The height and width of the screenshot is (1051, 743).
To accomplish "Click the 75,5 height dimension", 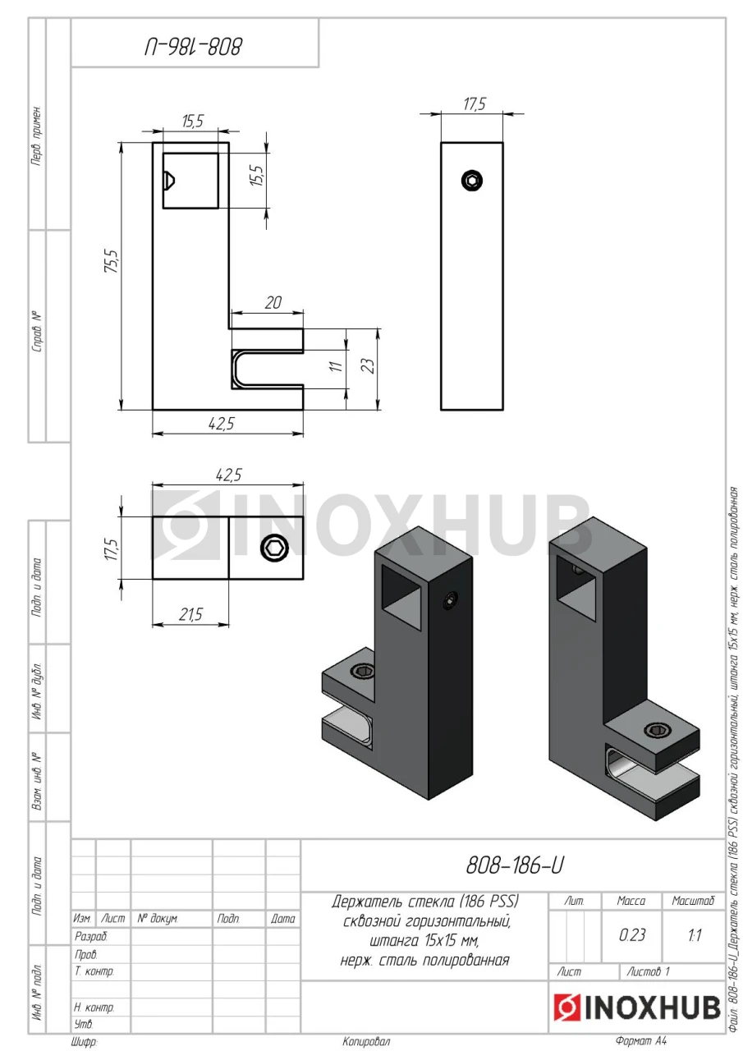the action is pyautogui.click(x=112, y=261).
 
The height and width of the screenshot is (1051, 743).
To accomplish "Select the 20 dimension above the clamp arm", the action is pyautogui.click(x=273, y=303).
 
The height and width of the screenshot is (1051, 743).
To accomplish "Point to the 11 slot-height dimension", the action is pyautogui.click(x=336, y=365).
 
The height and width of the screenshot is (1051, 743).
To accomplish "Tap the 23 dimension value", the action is pyautogui.click(x=369, y=365).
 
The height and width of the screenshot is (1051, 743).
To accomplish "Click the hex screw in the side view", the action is pyautogui.click(x=472, y=181).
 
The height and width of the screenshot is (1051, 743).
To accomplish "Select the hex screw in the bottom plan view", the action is pyautogui.click(x=274, y=548).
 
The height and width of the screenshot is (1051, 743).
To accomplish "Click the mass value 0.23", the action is pyautogui.click(x=632, y=934).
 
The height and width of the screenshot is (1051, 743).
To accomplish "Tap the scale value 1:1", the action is pyautogui.click(x=695, y=935).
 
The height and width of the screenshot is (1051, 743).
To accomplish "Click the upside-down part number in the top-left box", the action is pyautogui.click(x=193, y=48).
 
